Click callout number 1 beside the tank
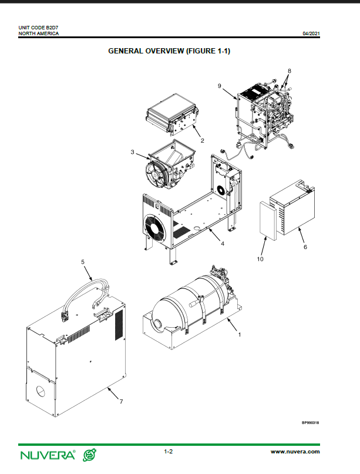click(240, 335)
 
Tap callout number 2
click(203, 140)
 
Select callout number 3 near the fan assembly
click(132, 152)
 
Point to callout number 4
click(223, 244)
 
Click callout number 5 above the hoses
click(83, 262)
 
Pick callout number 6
click(305, 247)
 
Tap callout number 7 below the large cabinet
click(121, 401)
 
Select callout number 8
click(290, 71)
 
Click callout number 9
click(220, 86)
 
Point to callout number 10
click(260, 259)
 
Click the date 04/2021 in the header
click(311, 33)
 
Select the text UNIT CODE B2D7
click(38, 28)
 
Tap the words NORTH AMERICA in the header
click(39, 33)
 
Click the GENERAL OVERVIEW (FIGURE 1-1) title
click(169, 51)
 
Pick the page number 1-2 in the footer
click(169, 452)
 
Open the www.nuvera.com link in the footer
click(295, 452)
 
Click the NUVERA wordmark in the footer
click(48, 455)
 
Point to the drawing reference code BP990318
click(311, 423)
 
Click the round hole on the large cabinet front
click(41, 391)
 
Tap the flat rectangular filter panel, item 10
click(268, 221)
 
